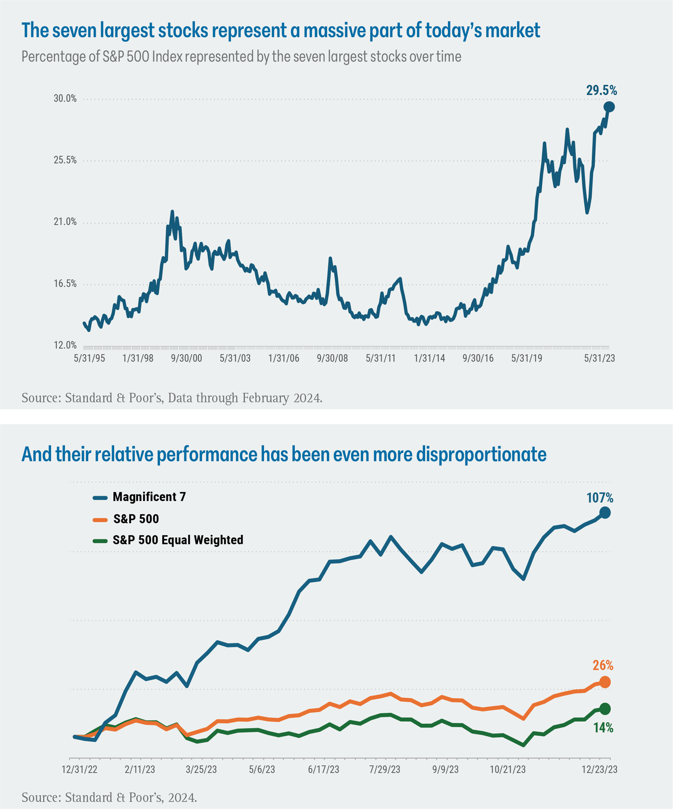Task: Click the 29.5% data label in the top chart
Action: (601, 91)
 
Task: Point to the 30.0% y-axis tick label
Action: (65, 99)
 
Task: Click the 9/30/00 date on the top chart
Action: (186, 358)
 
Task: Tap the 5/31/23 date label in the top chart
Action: (599, 358)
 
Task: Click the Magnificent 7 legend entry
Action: (139, 497)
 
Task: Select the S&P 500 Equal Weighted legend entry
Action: (168, 540)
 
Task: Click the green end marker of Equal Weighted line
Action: (605, 708)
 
